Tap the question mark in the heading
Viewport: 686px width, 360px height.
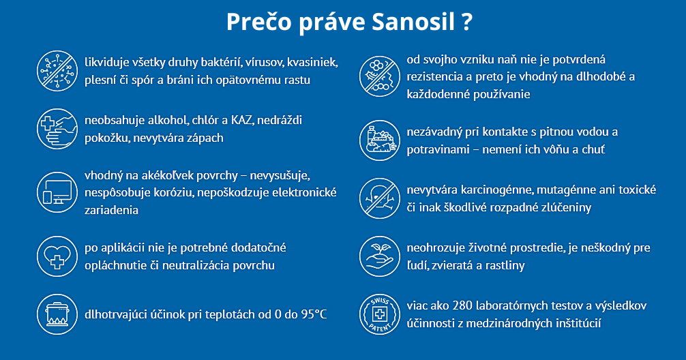pyautogui.click(x=467, y=21)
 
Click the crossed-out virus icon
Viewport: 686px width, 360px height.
pyautogui.click(x=57, y=71)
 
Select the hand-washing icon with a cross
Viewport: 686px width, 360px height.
pyautogui.click(x=57, y=129)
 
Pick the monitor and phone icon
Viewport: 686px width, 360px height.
pyautogui.click(x=57, y=192)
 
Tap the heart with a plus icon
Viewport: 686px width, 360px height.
pyautogui.click(x=57, y=256)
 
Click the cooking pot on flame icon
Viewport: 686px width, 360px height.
pyautogui.click(x=57, y=314)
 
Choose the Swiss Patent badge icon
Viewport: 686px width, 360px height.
pyautogui.click(x=379, y=314)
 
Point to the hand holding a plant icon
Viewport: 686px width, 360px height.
pyautogui.click(x=379, y=256)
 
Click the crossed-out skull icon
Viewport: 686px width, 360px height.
pyautogui.click(x=379, y=198)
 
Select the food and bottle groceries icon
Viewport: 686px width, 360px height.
pyautogui.click(x=379, y=140)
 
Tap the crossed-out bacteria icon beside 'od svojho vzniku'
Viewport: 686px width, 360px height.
pyautogui.click(x=379, y=76)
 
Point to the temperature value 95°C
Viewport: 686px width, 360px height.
pyautogui.click(x=314, y=314)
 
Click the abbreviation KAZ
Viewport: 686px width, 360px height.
pyautogui.click(x=241, y=120)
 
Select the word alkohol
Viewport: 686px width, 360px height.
pyautogui.click(x=168, y=120)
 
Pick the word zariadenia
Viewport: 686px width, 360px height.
pyautogui.click(x=111, y=210)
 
